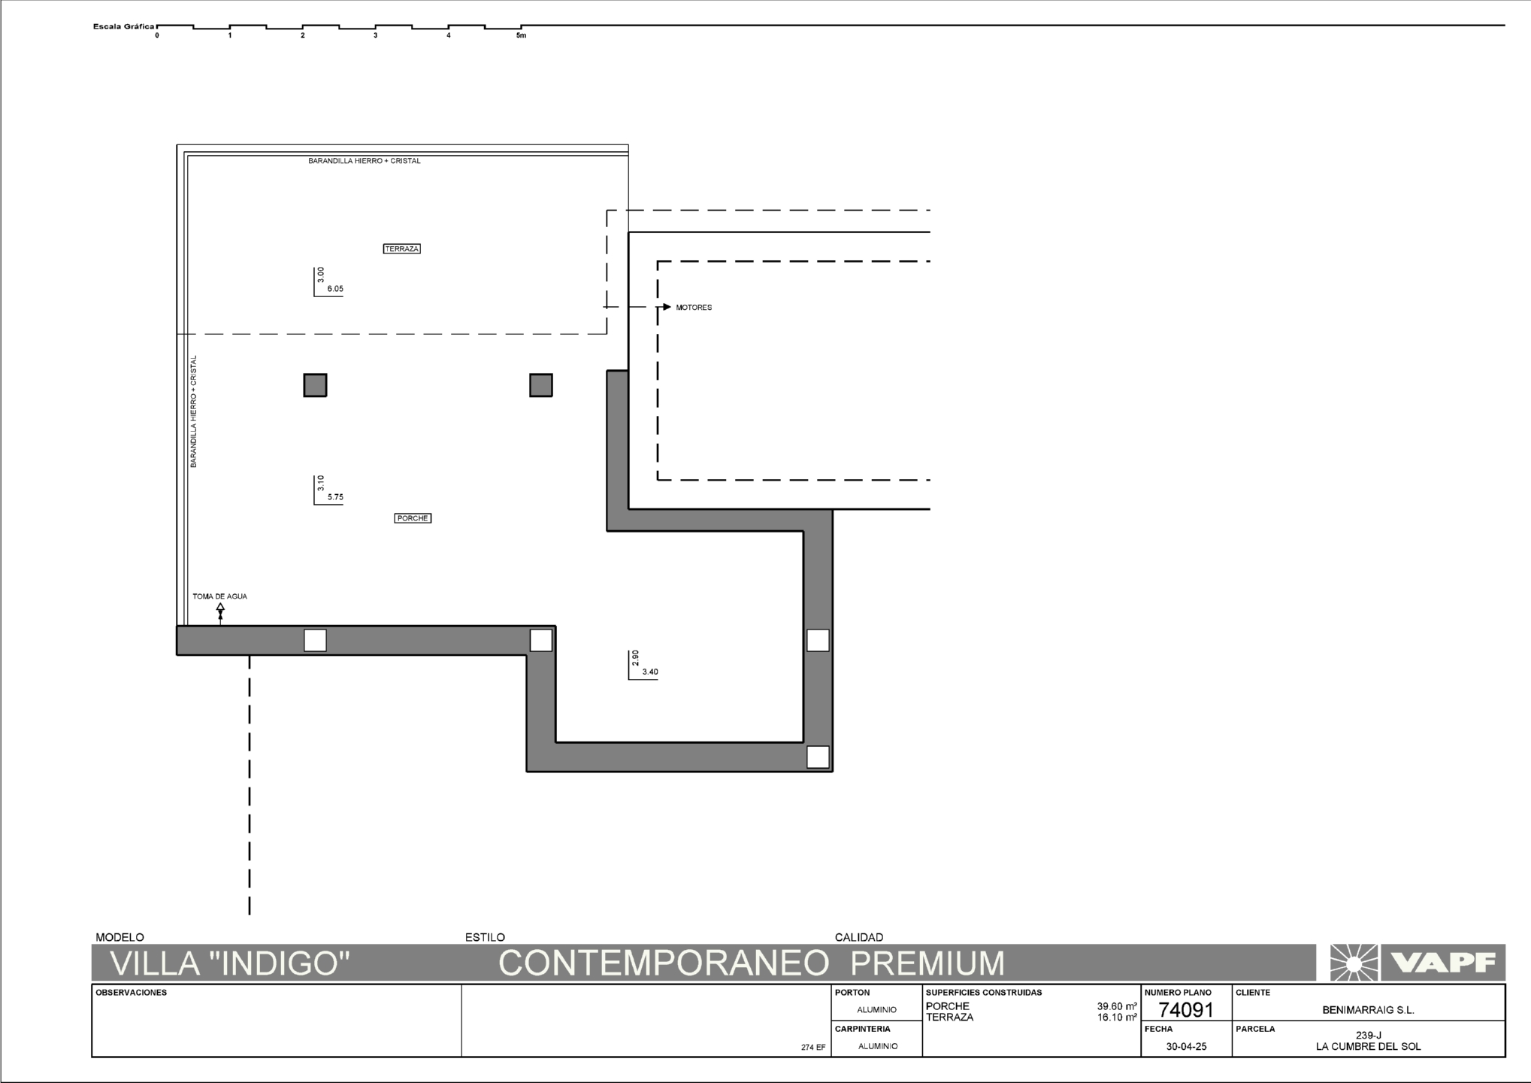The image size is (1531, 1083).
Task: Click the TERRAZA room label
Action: click(401, 249)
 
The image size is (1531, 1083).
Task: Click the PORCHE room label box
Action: click(413, 518)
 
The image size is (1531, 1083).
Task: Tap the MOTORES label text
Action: click(694, 308)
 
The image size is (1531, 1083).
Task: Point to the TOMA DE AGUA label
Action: click(219, 596)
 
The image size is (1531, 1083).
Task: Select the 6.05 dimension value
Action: click(335, 289)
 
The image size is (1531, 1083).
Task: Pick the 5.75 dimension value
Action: click(335, 497)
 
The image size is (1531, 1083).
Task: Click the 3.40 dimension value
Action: click(650, 672)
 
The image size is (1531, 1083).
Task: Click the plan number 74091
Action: click(1186, 1010)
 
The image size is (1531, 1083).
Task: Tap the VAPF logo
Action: click(1418, 963)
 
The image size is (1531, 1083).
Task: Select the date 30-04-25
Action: click(1186, 1046)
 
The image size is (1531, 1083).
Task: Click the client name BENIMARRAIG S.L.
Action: click(1368, 1010)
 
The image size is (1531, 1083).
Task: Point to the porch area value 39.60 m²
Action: click(1116, 1006)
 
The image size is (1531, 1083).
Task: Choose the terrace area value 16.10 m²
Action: click(1116, 1018)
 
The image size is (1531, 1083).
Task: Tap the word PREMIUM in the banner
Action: click(928, 963)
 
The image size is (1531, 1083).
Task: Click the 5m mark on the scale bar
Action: click(521, 36)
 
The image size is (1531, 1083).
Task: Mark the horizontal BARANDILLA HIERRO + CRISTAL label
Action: click(365, 161)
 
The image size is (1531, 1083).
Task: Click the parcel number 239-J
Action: click(1368, 1036)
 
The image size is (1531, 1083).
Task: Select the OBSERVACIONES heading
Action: click(132, 993)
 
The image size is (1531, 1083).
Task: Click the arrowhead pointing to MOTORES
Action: click(667, 307)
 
